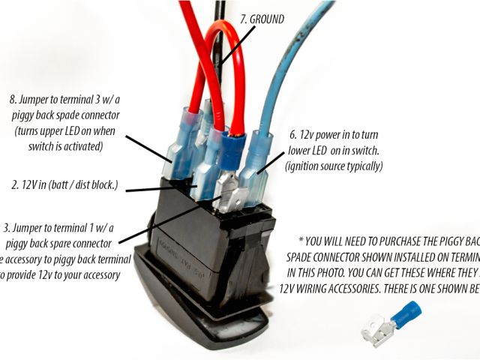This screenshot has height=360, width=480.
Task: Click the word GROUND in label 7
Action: tap(266, 19)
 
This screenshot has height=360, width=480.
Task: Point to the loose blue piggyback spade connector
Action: tap(405, 313)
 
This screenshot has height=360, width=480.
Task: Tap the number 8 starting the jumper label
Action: tap(13, 98)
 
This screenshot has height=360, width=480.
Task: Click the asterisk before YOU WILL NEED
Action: tap(301, 241)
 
